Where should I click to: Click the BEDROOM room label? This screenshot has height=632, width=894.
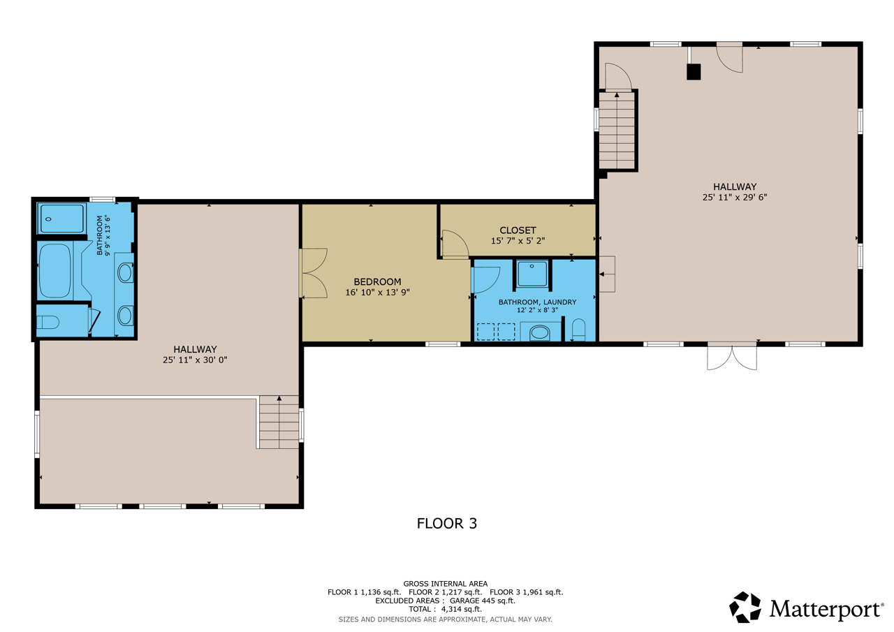point(377,281)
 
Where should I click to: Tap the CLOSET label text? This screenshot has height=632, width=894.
point(518,230)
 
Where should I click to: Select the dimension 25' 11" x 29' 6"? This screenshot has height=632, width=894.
point(735,197)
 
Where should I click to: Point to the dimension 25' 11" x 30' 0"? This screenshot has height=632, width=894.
point(195,360)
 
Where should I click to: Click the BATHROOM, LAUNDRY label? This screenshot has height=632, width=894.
point(537,302)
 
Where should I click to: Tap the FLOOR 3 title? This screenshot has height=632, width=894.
point(446,524)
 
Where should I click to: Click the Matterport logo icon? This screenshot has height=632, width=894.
point(745,607)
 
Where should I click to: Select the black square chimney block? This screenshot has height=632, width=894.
point(694,72)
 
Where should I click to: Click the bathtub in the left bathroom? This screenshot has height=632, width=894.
point(55,270)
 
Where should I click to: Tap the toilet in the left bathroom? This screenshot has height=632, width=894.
point(48,321)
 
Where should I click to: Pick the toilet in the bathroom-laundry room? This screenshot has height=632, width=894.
point(578,330)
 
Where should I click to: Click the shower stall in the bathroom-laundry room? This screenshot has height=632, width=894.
point(532,274)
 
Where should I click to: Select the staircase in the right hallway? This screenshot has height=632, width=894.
point(617,131)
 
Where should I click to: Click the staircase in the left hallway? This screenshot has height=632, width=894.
point(279,422)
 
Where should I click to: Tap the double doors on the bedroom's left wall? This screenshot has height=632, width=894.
point(314,273)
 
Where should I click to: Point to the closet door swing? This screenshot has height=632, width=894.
point(455,244)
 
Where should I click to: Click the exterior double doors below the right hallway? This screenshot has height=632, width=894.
point(732,356)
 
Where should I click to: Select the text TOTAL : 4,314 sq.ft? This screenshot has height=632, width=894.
point(445,609)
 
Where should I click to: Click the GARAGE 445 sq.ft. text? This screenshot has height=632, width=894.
point(483,601)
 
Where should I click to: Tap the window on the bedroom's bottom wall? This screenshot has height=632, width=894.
point(443,344)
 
